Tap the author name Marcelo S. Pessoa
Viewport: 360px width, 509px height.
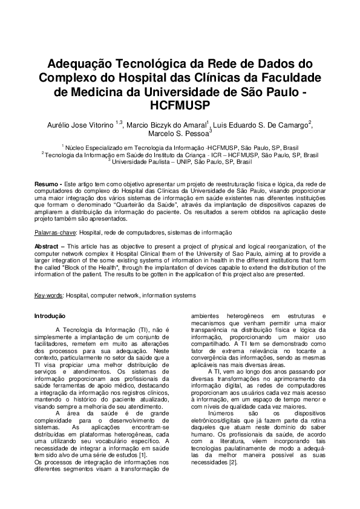[x=178, y=134]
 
